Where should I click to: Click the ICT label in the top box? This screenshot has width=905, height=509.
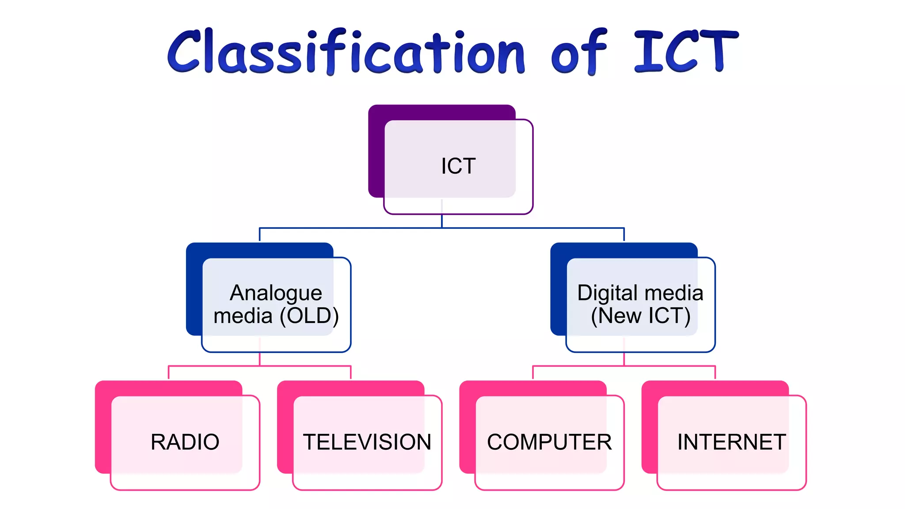point(458,166)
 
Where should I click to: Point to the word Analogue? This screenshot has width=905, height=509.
point(276,293)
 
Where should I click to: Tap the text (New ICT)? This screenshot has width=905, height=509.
point(641,316)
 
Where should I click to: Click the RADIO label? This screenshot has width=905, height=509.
point(185,442)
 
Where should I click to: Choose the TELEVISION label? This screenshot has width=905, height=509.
point(367,442)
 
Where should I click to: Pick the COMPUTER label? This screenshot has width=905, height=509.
point(549,442)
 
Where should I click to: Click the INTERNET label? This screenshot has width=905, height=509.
point(731,442)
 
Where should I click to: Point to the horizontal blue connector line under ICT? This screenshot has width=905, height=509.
point(354,228)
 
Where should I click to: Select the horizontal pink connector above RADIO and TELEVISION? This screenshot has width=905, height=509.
point(212,366)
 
